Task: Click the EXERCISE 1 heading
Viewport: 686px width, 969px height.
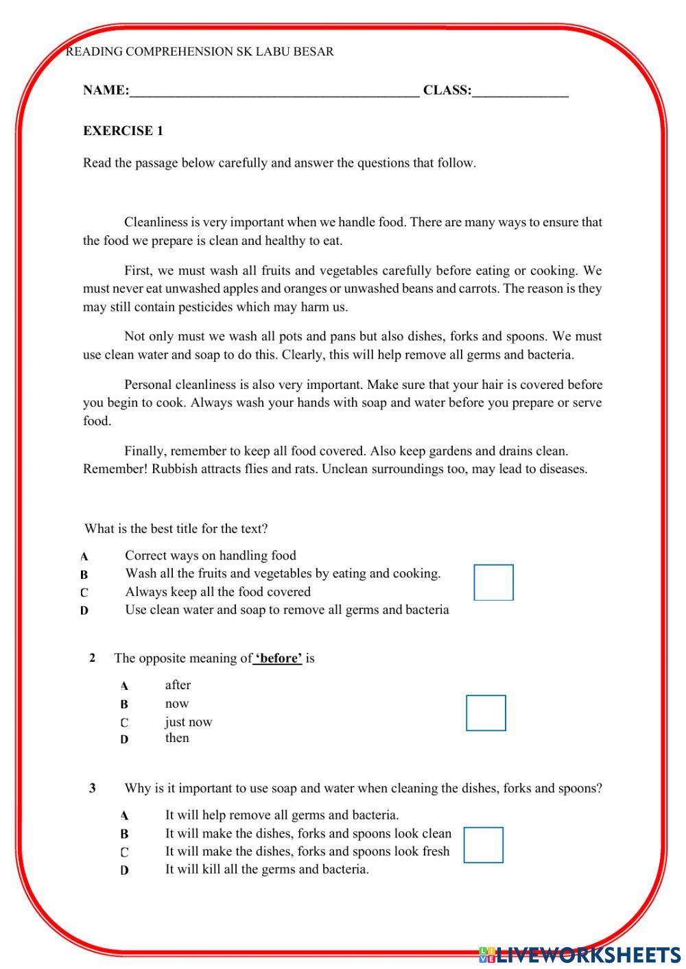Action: (x=123, y=131)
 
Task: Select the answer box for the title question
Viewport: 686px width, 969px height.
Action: (x=493, y=582)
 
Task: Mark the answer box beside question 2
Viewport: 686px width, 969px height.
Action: (x=486, y=713)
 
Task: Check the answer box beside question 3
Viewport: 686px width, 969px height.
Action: (x=483, y=844)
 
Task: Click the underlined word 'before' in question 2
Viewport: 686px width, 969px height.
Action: (x=279, y=658)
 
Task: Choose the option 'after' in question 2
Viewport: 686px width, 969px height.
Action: (x=178, y=685)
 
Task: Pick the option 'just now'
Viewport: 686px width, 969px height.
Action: (x=189, y=722)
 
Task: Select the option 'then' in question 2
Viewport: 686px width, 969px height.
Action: (x=177, y=739)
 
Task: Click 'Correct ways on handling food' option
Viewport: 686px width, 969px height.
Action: (x=211, y=555)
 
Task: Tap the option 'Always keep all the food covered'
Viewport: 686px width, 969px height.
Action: (x=217, y=592)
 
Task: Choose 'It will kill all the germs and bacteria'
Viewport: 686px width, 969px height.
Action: (x=267, y=870)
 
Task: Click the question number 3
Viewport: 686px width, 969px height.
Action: (x=93, y=789)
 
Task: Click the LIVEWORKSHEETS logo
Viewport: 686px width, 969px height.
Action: (x=580, y=954)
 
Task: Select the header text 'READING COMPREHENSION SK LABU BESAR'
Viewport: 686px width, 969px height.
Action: (x=200, y=51)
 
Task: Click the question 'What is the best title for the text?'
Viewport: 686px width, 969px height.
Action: (x=176, y=529)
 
